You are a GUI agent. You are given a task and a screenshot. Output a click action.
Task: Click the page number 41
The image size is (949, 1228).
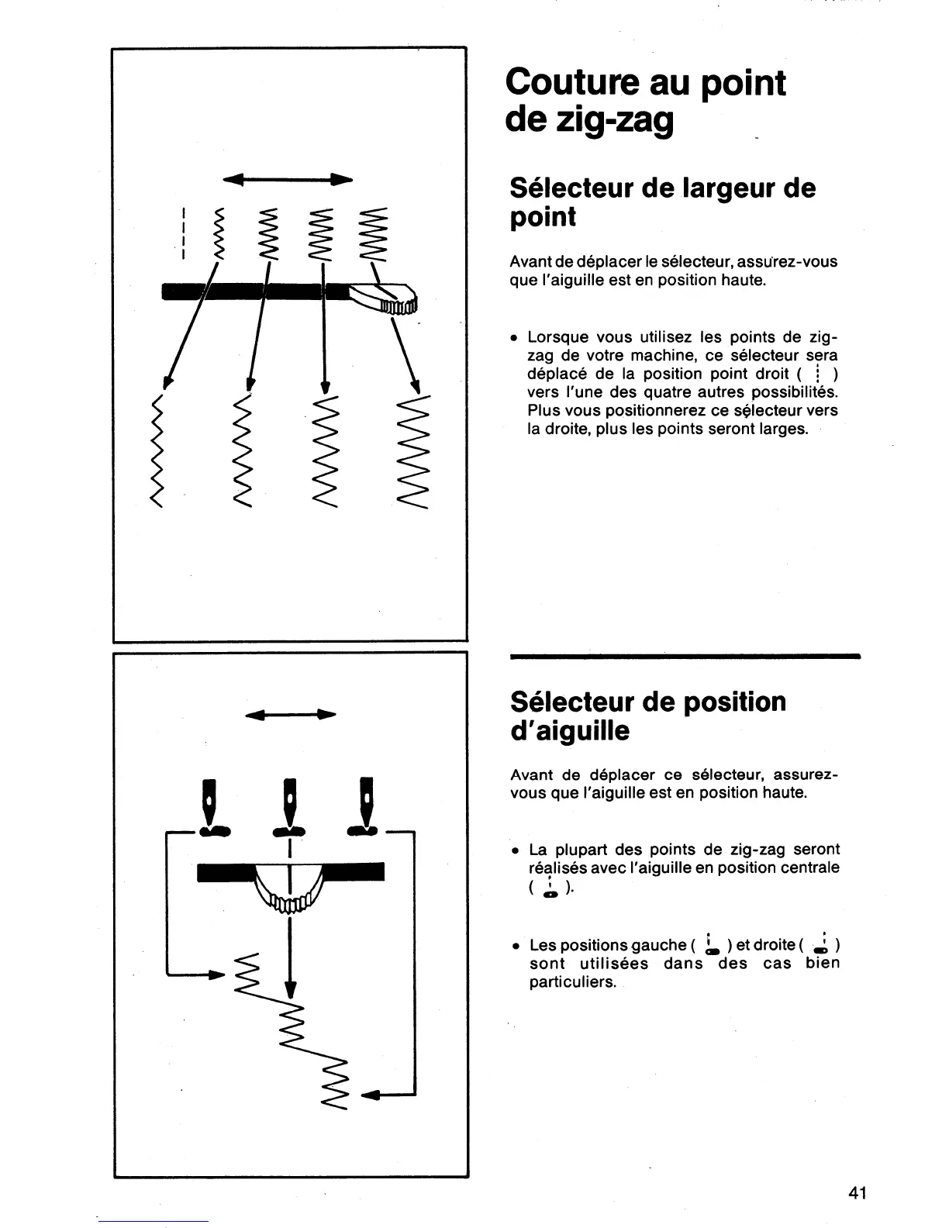[857, 1193]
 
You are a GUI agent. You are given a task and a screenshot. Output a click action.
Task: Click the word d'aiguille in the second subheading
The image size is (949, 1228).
[570, 731]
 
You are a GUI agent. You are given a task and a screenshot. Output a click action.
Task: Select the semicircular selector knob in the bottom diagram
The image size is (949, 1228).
[288, 888]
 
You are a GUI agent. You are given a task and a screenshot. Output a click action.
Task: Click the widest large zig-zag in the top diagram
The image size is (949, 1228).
[412, 455]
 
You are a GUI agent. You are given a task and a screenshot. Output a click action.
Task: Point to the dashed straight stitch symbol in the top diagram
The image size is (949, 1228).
[181, 233]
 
